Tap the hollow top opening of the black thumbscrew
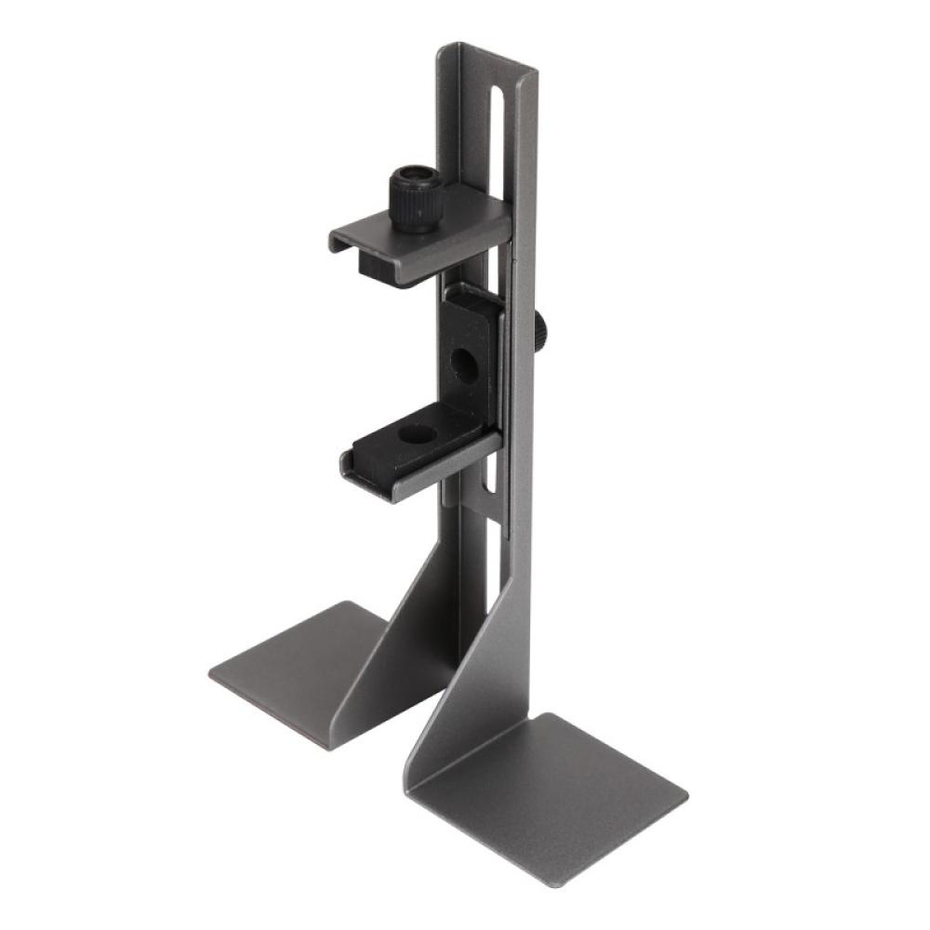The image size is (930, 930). (x=416, y=175)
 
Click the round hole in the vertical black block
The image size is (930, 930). (x=464, y=364)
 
